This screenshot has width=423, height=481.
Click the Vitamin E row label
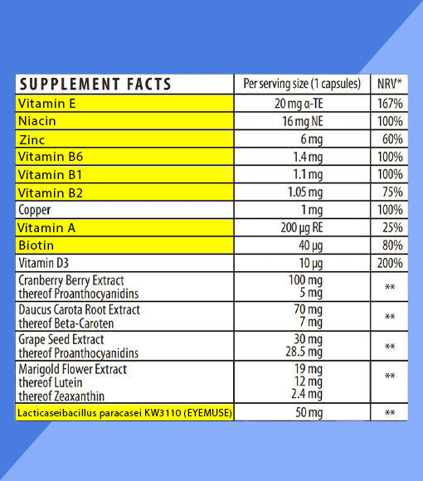point(47,104)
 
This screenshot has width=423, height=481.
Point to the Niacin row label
point(38,122)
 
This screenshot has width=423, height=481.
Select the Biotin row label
point(36,245)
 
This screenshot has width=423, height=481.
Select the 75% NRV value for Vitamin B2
point(390,192)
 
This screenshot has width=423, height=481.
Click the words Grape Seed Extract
point(61,340)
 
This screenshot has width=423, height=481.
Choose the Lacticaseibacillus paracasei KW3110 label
point(124,412)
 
